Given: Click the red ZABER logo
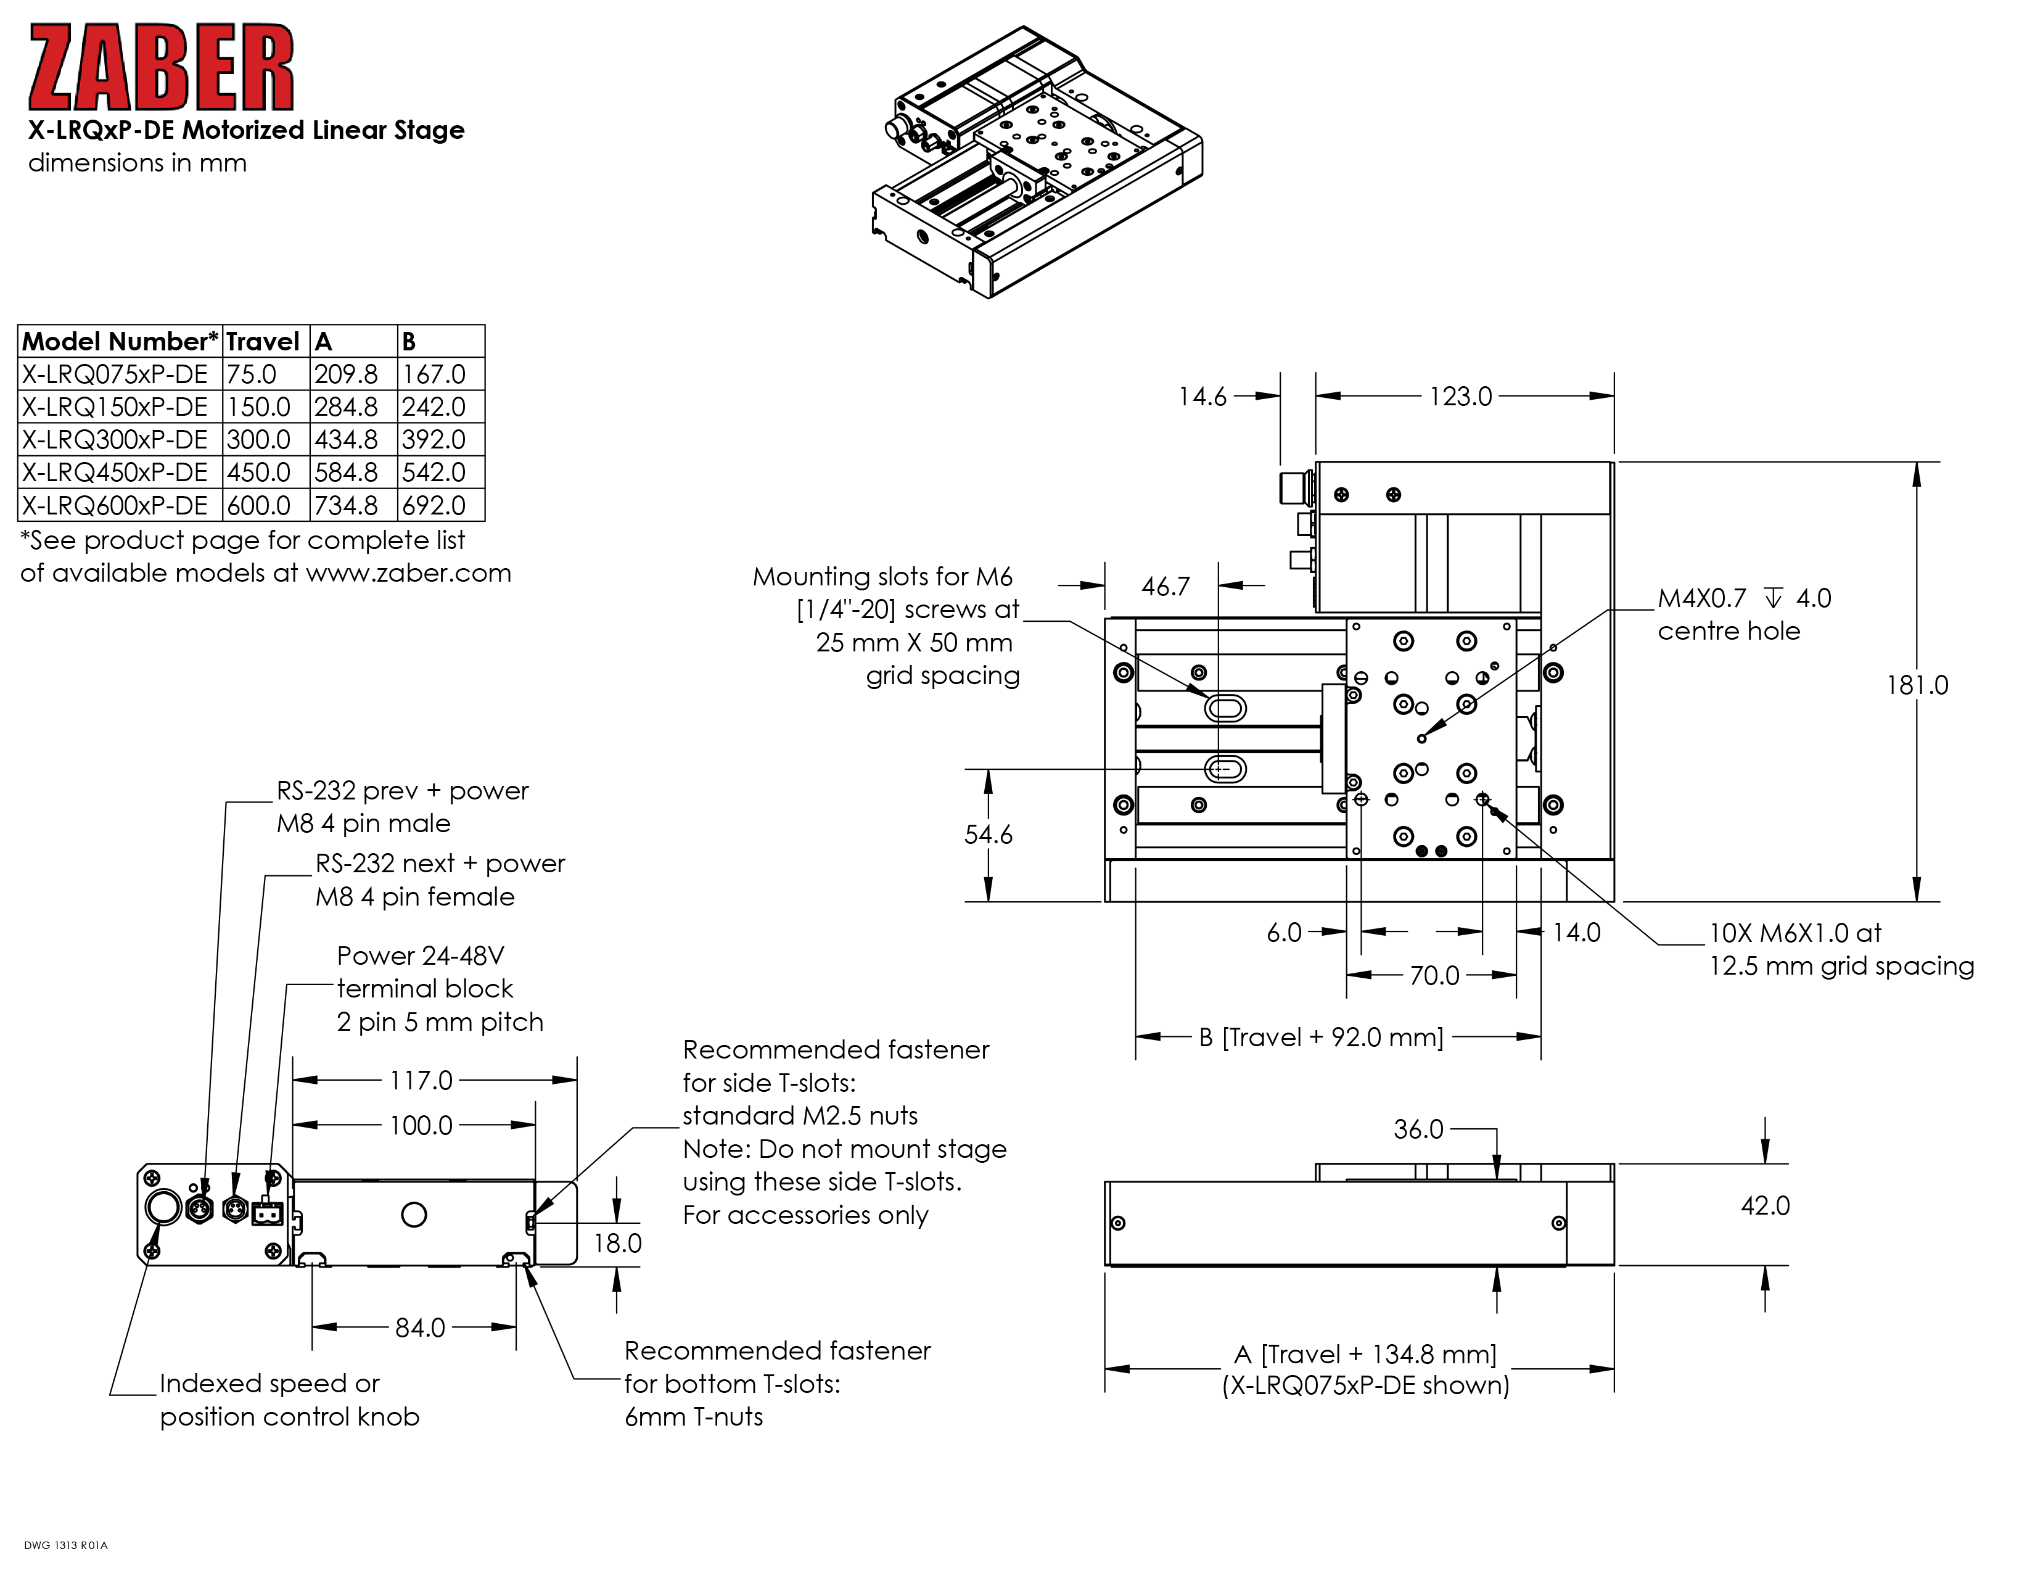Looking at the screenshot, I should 160,68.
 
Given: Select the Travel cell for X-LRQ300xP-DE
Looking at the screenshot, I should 259,440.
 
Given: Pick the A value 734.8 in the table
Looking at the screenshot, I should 346,505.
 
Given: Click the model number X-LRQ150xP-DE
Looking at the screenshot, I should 115,407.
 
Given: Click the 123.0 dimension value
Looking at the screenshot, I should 1460,397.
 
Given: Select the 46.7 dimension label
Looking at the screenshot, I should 1165,587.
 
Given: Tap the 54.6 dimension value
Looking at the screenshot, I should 988,835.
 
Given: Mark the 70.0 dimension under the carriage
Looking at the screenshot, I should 1434,976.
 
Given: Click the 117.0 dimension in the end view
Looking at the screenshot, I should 421,1081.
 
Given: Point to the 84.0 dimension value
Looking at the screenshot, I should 420,1328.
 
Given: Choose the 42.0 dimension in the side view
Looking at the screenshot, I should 1765,1207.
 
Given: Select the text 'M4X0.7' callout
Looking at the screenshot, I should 1701,598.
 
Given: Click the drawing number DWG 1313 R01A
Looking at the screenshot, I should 66,1545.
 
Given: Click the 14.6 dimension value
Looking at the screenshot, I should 1202,397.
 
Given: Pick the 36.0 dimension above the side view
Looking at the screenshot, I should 1418,1129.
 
